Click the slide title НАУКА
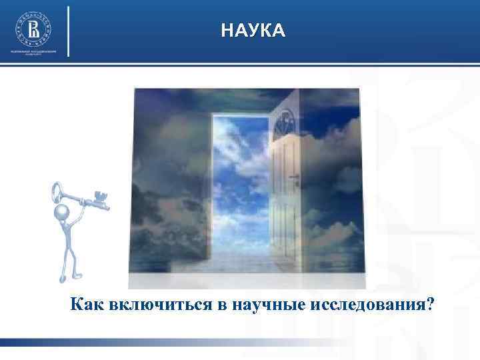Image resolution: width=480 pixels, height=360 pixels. pos(253,31)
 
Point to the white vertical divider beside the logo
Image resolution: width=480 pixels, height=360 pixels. pos(69,31)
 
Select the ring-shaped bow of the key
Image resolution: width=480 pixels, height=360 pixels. pos(59,194)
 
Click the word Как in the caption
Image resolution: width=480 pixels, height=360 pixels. pos(85,305)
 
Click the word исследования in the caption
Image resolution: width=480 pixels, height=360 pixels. pos(365,305)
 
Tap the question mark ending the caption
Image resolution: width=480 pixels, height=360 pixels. pos(431,305)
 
